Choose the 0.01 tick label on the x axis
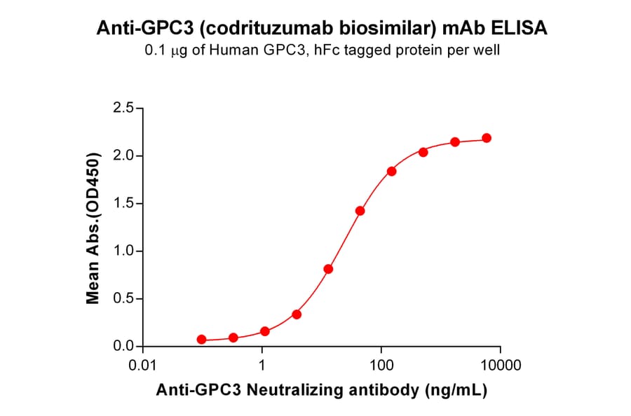point(143,366)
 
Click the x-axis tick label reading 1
point(262,366)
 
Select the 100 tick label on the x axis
point(381,366)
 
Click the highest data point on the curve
point(487,138)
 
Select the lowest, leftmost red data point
point(202,340)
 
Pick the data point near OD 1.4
point(360,211)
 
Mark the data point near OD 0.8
point(328,269)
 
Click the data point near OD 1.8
point(391,172)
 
